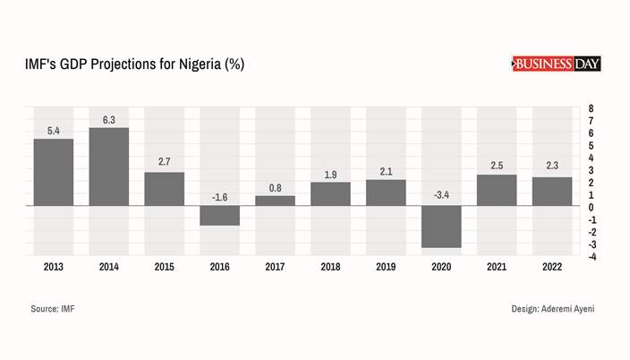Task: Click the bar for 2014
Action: [108, 167]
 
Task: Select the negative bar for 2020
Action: [441, 227]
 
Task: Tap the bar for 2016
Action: [219, 215]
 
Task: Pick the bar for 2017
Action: [275, 201]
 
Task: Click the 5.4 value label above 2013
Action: [53, 132]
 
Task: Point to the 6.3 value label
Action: [108, 120]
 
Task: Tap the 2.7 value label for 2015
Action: [164, 162]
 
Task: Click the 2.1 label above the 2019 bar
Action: [386, 171]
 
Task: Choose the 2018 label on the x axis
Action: [330, 267]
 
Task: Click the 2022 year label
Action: [552, 267]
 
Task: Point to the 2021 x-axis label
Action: [497, 267]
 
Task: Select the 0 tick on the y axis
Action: [592, 208]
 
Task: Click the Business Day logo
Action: [556, 64]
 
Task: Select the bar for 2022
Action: [552, 191]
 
